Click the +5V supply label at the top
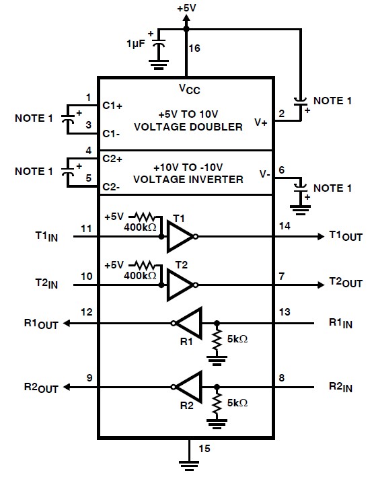(186, 7)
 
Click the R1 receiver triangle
(190, 324)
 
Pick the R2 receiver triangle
(190, 386)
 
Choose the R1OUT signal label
(41, 324)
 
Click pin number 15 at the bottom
(198, 447)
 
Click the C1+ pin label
(112, 106)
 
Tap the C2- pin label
(112, 187)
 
